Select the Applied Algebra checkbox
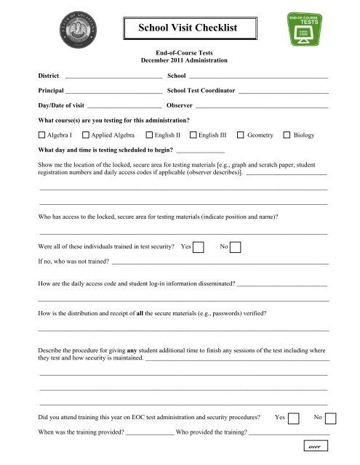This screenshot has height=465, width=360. pyautogui.click(x=86, y=135)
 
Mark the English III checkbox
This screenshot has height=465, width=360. pyautogui.click(x=193, y=135)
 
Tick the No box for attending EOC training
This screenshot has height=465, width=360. pyautogui.click(x=330, y=418)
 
